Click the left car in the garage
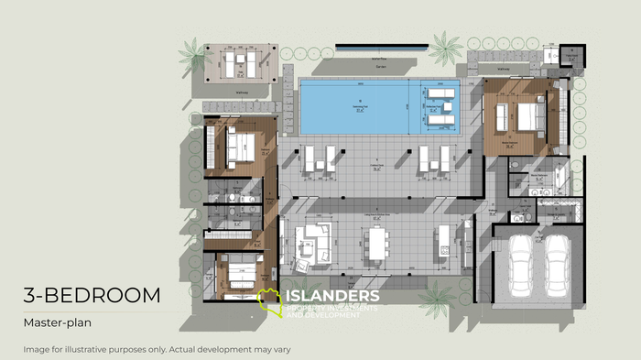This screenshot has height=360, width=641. click(519, 264)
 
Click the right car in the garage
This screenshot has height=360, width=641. click(557, 264)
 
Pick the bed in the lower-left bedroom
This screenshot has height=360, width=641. click(240, 272)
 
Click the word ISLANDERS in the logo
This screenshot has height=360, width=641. click(332, 296)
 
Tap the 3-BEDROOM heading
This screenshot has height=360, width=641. click(92, 295)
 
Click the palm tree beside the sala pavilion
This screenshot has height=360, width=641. click(195, 54)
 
